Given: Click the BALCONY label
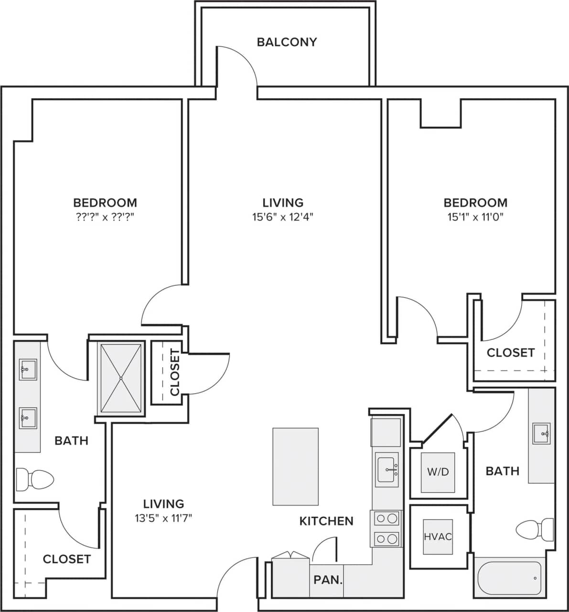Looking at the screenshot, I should click(x=287, y=42).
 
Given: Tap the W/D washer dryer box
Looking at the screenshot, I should click(x=438, y=472).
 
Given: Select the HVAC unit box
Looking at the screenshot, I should click(x=438, y=536).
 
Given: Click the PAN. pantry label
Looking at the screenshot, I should click(x=328, y=580).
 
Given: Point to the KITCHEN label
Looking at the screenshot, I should click(x=326, y=521).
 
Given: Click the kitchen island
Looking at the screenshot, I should click(x=295, y=466).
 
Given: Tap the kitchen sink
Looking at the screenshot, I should click(x=387, y=470).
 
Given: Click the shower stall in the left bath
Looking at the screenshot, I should click(x=121, y=378).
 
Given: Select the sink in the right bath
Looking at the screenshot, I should click(x=542, y=434).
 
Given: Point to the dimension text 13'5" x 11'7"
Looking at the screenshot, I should click(x=163, y=517).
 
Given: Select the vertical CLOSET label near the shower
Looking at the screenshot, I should click(x=175, y=372).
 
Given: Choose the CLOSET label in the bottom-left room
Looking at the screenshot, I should click(x=66, y=559).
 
